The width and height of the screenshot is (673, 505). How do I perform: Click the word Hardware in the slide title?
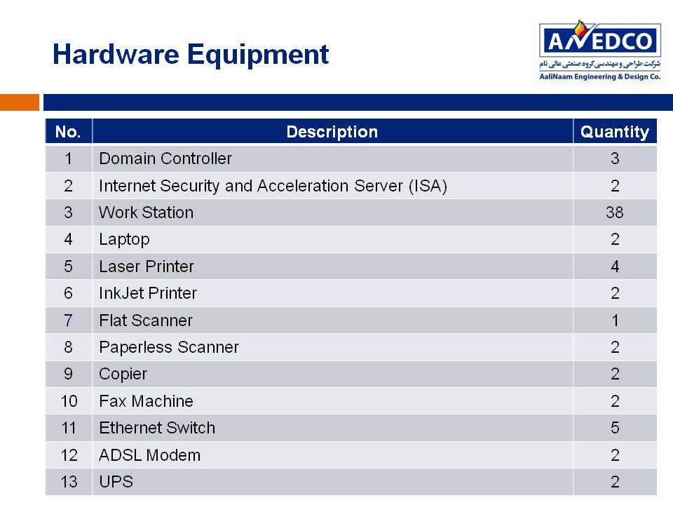click(116, 54)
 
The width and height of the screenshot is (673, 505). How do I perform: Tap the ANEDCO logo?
click(599, 50)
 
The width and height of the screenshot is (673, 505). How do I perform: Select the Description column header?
click(332, 132)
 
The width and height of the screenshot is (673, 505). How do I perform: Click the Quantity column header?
click(615, 132)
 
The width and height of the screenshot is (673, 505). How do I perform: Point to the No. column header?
click(68, 132)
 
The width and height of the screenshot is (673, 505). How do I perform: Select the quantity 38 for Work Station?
click(615, 212)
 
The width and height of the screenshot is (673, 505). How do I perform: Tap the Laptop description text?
click(124, 240)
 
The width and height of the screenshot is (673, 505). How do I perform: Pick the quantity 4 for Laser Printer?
click(615, 267)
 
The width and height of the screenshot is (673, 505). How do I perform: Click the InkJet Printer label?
click(148, 293)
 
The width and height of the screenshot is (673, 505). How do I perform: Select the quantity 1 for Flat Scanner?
click(616, 321)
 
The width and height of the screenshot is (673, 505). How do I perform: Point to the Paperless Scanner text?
click(169, 347)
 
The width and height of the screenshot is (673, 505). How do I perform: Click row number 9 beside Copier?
click(68, 374)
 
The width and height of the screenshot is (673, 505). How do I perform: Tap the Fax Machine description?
click(146, 401)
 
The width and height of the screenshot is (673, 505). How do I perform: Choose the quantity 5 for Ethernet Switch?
click(615, 428)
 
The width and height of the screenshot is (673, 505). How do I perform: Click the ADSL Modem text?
click(149, 455)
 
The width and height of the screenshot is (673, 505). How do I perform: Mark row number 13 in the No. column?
click(69, 482)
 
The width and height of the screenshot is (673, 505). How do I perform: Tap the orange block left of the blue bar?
click(20, 102)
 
